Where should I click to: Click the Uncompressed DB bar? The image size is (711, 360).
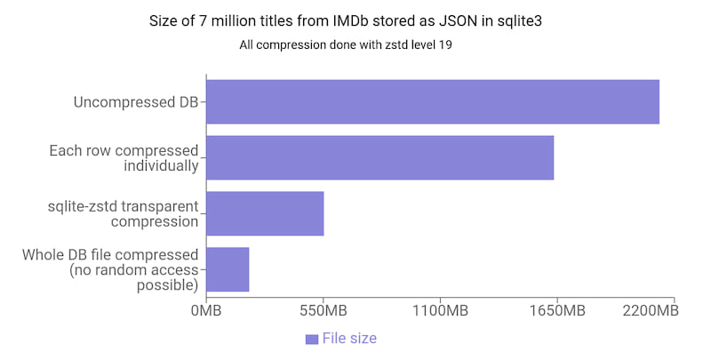[432, 102]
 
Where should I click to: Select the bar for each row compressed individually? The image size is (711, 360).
[379, 157]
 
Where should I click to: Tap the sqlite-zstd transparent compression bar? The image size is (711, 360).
[265, 213]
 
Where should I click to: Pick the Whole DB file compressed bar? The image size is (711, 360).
[228, 269]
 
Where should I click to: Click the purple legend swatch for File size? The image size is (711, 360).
[311, 339]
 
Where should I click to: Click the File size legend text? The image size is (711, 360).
[349, 338]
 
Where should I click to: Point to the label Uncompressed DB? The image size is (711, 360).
[136, 102]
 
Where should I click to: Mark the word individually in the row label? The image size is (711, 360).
[161, 165]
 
